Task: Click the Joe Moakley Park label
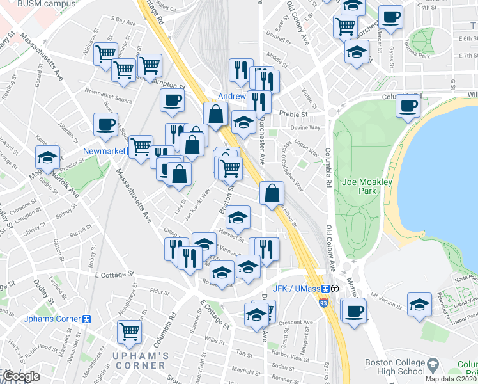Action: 367,186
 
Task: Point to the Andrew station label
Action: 231,97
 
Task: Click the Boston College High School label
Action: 394,366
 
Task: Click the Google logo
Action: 21,376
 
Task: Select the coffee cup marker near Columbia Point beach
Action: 408,106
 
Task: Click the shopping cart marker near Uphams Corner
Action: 130,331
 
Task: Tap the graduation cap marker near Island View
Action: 419,305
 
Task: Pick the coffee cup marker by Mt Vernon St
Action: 353,311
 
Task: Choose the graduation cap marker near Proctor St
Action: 47,157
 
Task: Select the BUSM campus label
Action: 38,4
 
